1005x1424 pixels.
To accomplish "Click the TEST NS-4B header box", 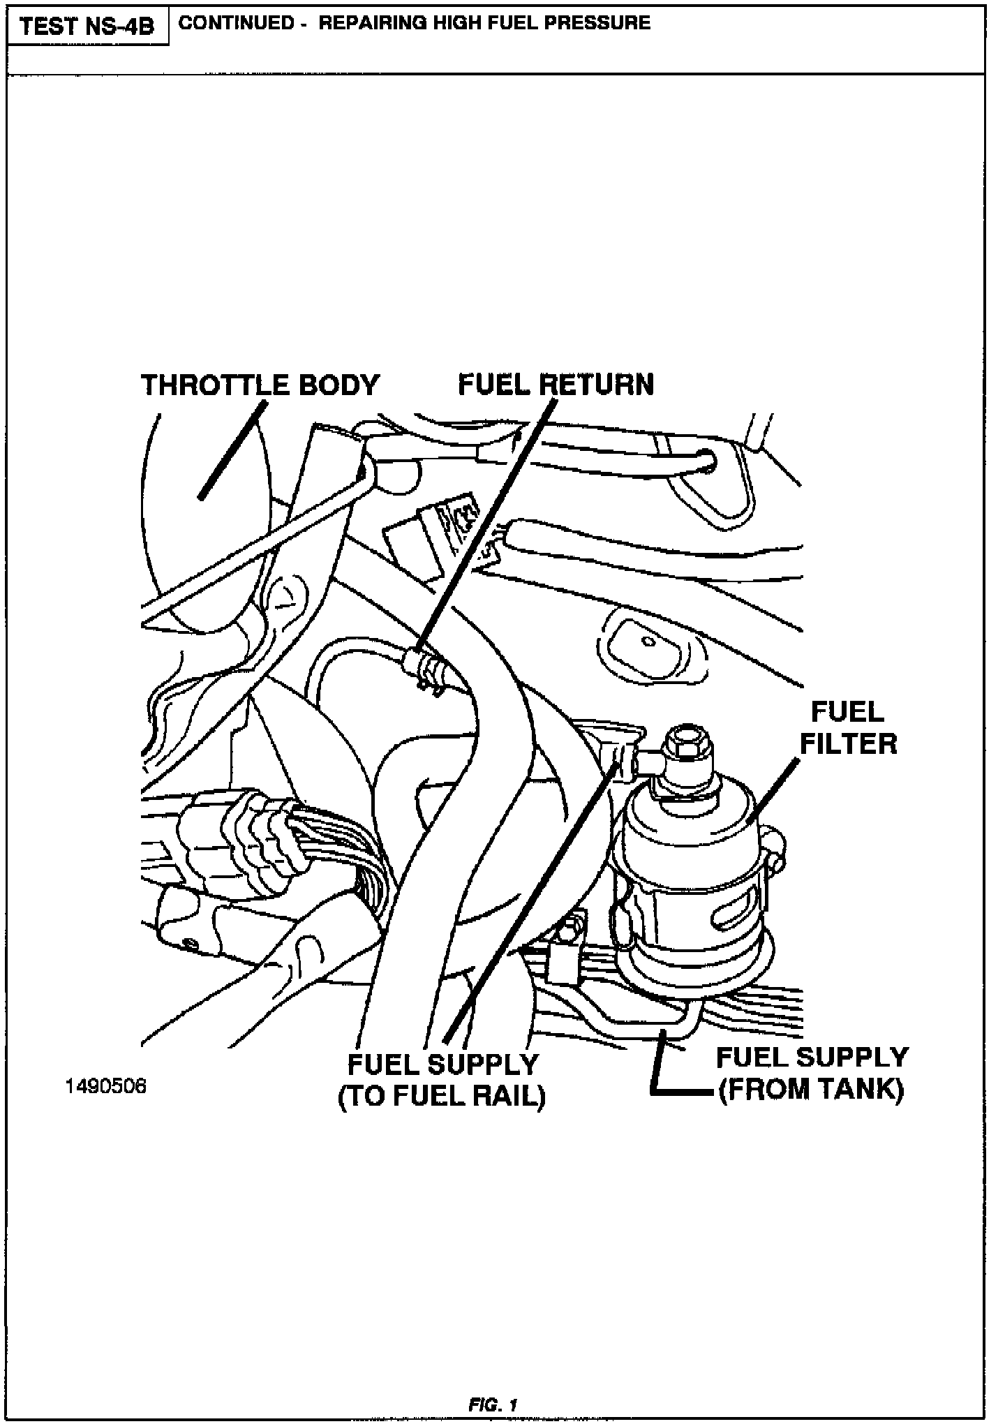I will coord(87,26).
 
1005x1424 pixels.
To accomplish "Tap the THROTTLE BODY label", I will coord(260,385).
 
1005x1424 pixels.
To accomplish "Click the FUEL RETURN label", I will coord(556,385).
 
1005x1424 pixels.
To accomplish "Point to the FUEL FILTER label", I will coord(848,728).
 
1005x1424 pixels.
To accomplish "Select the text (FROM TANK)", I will coord(812,1090).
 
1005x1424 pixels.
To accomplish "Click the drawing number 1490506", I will coord(106,1087).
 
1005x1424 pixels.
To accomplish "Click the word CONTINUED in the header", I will coord(237,23).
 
